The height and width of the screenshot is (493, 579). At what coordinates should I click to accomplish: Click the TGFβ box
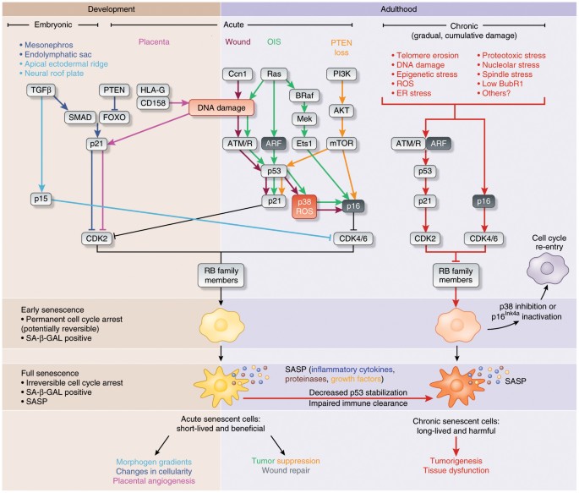tap(41, 90)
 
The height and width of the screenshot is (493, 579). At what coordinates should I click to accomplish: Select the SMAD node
tap(80, 118)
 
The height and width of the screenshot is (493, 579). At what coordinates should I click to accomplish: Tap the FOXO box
tap(114, 118)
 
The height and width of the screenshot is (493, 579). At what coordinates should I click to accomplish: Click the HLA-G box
tap(152, 90)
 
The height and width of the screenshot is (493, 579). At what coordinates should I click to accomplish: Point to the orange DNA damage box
tap(221, 108)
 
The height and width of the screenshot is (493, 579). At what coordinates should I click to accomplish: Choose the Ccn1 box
tap(238, 74)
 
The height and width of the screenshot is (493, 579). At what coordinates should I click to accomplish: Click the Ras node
tap(274, 74)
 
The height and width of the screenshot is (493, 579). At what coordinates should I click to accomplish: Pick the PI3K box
tap(341, 74)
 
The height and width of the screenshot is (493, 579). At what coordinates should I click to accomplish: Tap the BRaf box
tap(304, 96)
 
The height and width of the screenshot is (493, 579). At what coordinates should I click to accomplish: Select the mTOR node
tap(341, 143)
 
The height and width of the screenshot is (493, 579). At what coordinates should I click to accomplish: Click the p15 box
tap(41, 199)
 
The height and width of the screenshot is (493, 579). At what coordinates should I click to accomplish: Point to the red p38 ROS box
tap(304, 207)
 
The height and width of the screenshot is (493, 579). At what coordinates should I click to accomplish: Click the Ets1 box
tap(304, 143)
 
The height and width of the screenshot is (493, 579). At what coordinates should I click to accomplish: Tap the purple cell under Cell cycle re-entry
tap(548, 269)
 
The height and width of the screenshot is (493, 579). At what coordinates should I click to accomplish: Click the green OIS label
tap(274, 41)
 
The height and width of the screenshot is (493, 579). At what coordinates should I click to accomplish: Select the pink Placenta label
tap(154, 41)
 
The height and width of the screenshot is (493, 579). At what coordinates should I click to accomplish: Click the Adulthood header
tap(399, 9)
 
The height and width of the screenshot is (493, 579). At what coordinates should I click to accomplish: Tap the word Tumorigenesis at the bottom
tap(456, 461)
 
